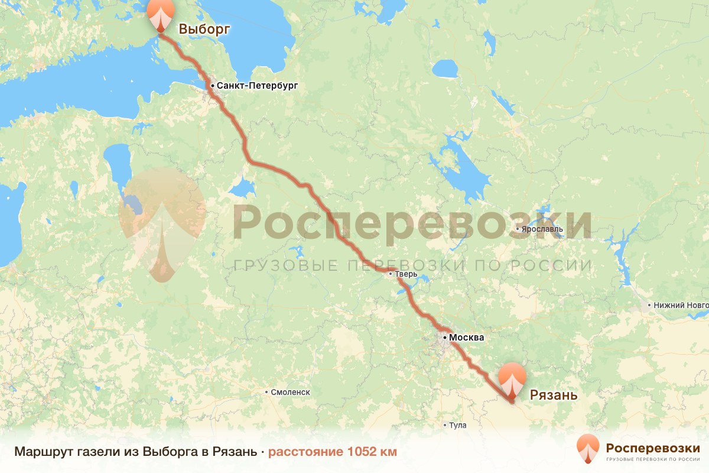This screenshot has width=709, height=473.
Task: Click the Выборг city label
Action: (x=204, y=28)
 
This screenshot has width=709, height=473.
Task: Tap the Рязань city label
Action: (x=553, y=395)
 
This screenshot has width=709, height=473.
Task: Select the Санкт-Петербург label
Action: (x=257, y=86)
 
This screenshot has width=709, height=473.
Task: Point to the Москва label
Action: (x=466, y=338)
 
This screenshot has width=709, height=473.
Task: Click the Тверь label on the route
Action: (x=407, y=274)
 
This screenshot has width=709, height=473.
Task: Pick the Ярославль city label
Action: (x=542, y=229)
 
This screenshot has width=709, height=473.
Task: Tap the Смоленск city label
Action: (x=290, y=392)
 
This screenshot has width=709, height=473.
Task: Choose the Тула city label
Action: (x=457, y=425)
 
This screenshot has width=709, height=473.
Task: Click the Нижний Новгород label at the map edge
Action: (x=680, y=306)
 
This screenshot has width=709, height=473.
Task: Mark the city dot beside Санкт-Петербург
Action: (x=212, y=86)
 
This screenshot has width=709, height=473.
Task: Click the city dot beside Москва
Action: (x=444, y=338)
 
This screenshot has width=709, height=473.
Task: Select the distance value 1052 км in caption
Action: (x=372, y=452)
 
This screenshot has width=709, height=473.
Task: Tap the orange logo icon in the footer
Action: (x=588, y=448)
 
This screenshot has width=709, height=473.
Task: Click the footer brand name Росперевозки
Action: (x=653, y=447)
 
